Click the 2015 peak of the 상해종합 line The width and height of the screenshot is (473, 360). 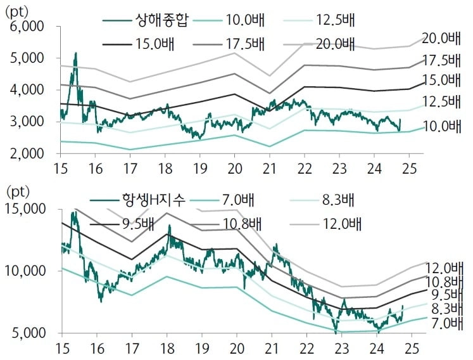coord(75,54)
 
